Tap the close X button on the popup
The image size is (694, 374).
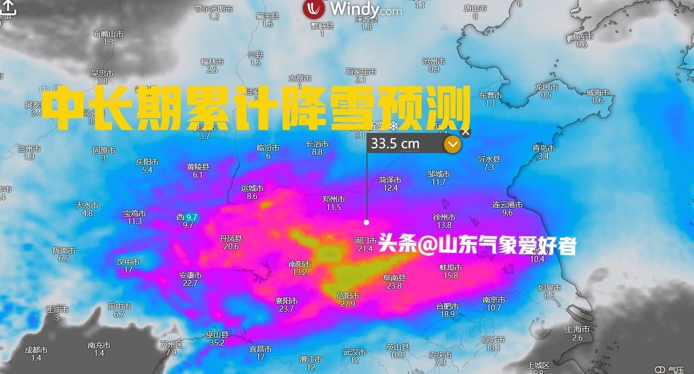(465, 132)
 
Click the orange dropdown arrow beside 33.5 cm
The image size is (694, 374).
(452, 144)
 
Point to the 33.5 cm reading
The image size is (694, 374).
(395, 144)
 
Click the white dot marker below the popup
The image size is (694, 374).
(366, 222)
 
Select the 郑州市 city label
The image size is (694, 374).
(334, 200)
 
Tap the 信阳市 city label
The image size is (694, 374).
(348, 296)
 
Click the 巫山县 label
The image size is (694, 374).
(217, 334)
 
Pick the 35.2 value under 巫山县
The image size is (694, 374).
(217, 343)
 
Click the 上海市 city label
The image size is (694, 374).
(578, 329)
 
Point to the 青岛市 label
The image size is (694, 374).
(544, 148)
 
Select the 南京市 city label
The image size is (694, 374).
(494, 300)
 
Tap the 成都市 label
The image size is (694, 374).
(36, 350)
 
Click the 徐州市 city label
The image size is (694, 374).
(444, 217)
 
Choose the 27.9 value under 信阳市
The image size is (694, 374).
(348, 304)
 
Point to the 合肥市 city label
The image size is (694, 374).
(447, 306)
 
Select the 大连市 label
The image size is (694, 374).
(582, 37)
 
